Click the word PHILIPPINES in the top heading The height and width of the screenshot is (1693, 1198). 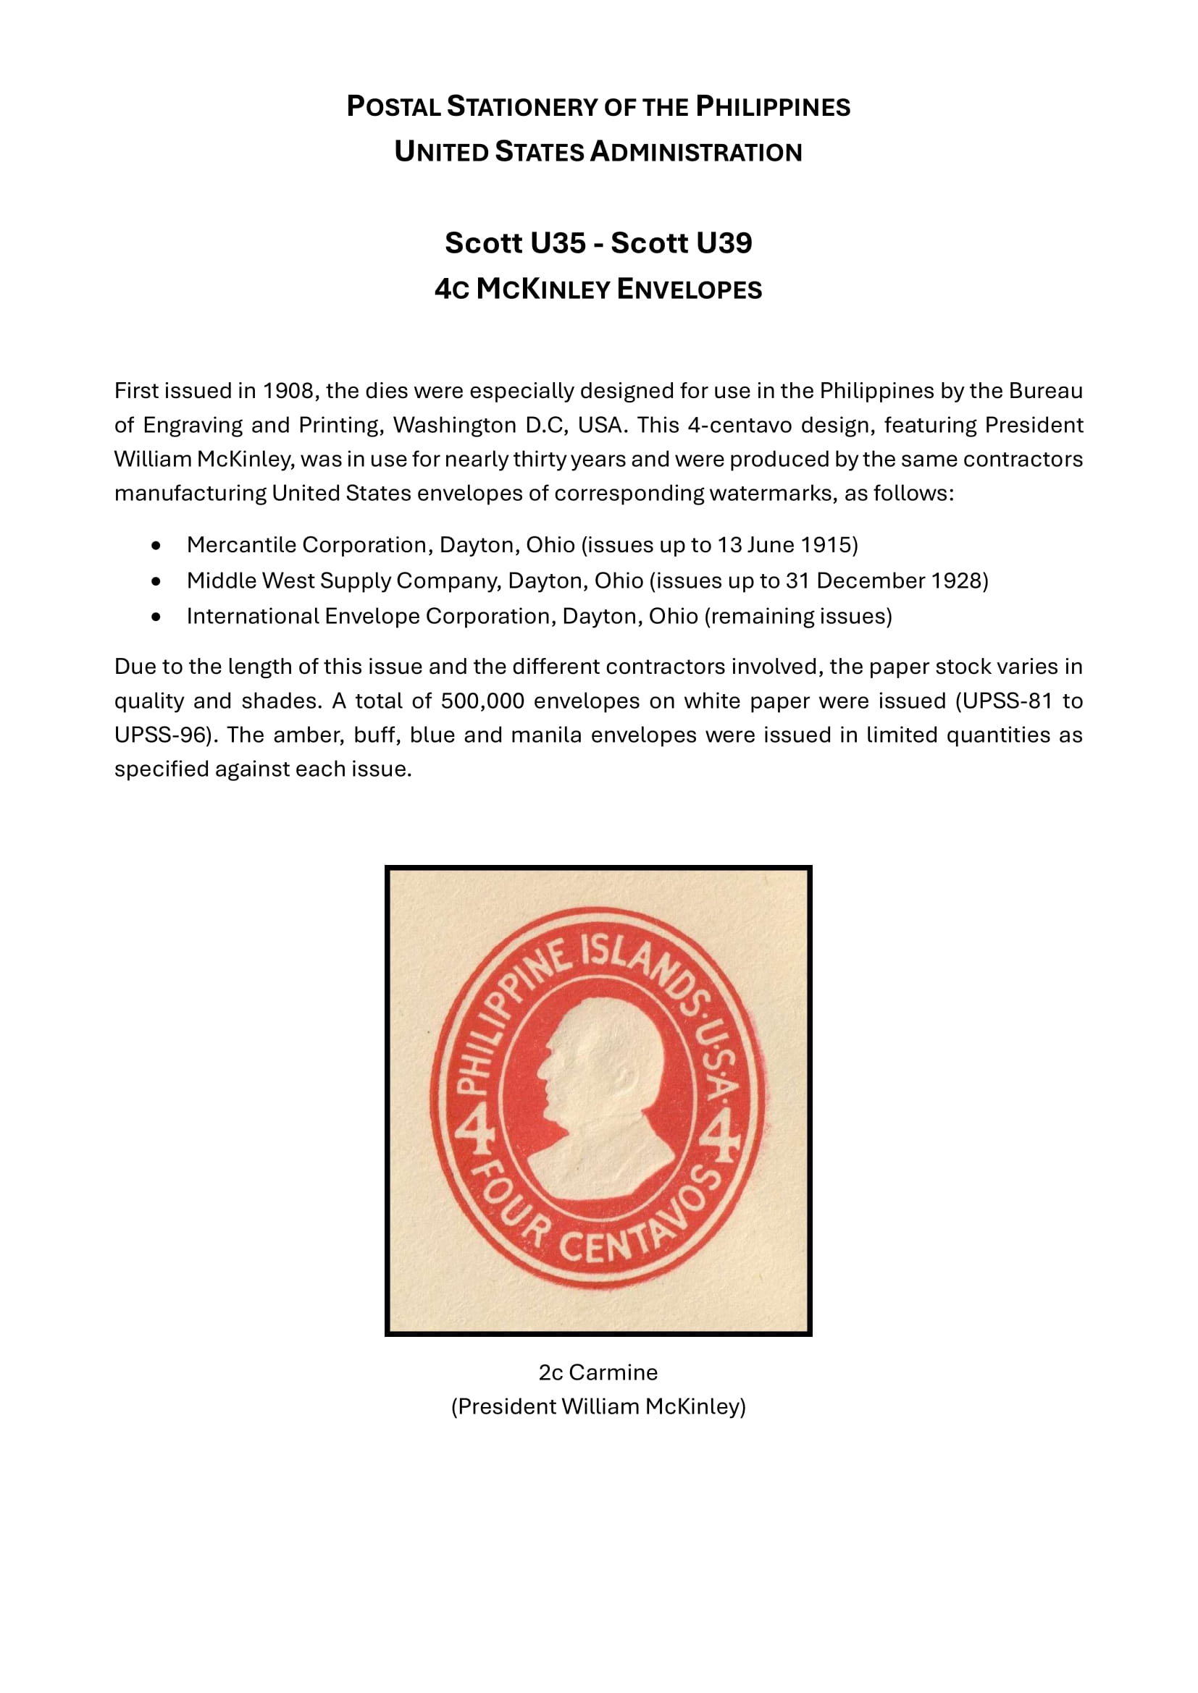coord(773,107)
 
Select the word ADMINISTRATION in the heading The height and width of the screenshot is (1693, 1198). coord(695,152)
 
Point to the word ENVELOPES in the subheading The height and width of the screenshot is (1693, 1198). coord(689,289)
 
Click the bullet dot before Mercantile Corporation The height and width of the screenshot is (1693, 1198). coord(155,546)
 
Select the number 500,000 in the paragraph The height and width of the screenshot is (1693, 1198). coord(482,701)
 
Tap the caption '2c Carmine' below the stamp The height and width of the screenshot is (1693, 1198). coord(598,1372)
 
